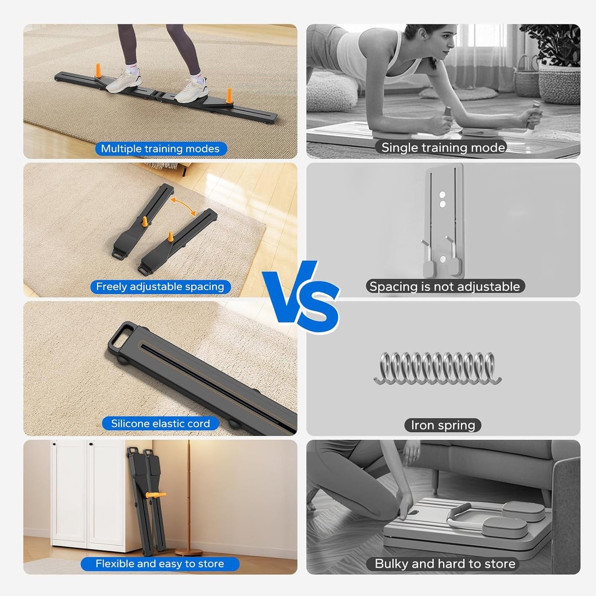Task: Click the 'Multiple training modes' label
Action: [x=160, y=148]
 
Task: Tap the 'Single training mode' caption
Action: [x=443, y=147]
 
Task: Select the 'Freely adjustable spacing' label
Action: [x=160, y=287]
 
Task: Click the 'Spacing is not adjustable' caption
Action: [x=445, y=286]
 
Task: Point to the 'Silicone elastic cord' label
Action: [x=160, y=424]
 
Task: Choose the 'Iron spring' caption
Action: [x=443, y=425]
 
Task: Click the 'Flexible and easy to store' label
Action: [x=160, y=564]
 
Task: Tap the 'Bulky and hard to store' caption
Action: [x=445, y=564]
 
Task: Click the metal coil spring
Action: [x=438, y=368]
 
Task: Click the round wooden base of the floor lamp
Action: [x=188, y=552]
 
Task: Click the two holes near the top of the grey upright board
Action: [x=442, y=198]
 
